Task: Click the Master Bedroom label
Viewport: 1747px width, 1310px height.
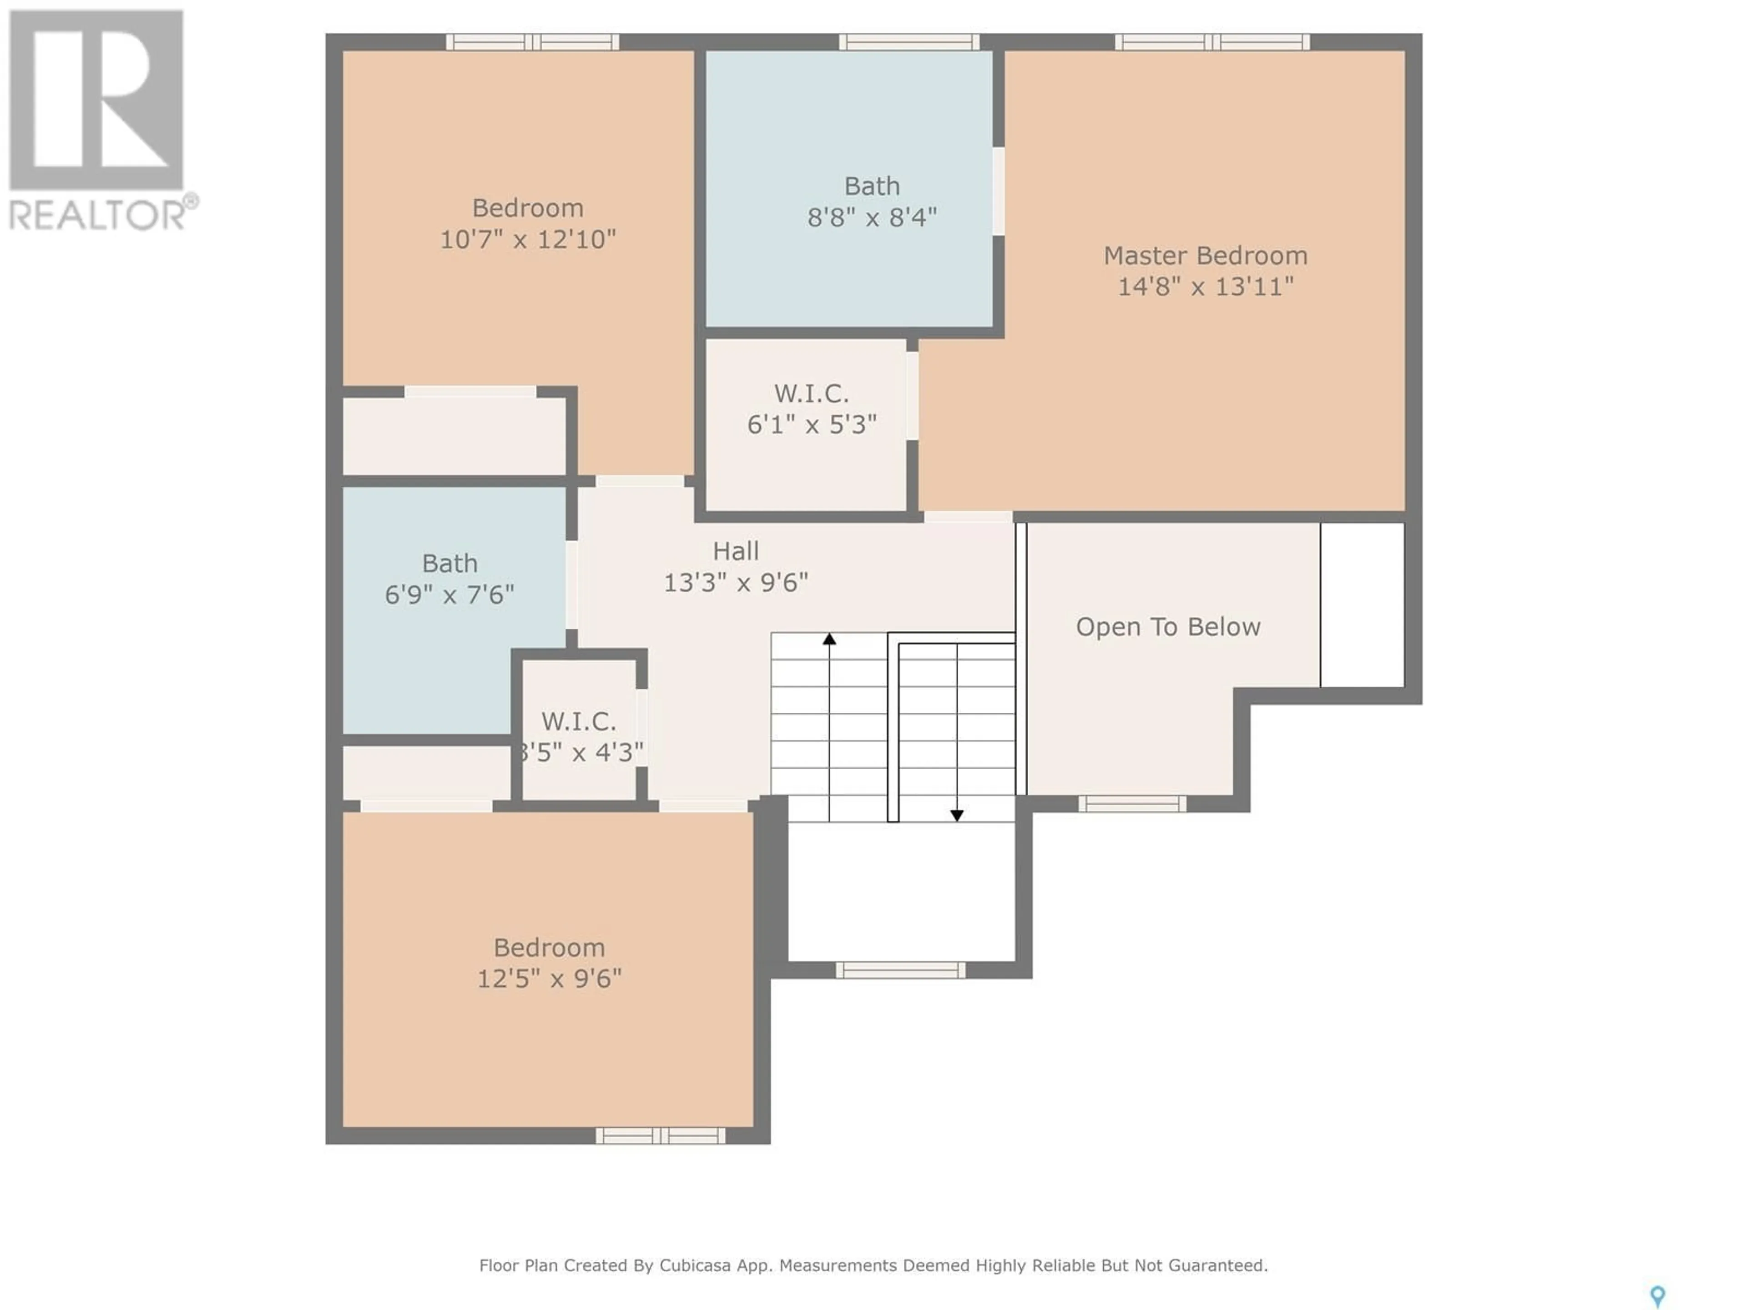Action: pos(1205,256)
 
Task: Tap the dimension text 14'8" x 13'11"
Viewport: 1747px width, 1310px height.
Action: pos(1205,286)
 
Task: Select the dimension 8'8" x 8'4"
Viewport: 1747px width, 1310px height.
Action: pos(872,217)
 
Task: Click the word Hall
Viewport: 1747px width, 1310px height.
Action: pos(735,551)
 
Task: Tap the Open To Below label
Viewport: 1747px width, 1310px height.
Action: pos(1168,627)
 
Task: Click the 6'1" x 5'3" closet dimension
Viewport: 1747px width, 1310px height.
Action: pos(812,425)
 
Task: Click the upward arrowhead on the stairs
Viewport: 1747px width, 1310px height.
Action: pos(829,639)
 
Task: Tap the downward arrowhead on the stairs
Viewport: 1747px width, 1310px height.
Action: pos(956,816)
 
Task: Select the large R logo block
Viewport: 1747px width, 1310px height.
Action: pos(96,100)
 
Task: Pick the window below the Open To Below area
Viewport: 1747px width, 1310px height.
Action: pos(1132,804)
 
